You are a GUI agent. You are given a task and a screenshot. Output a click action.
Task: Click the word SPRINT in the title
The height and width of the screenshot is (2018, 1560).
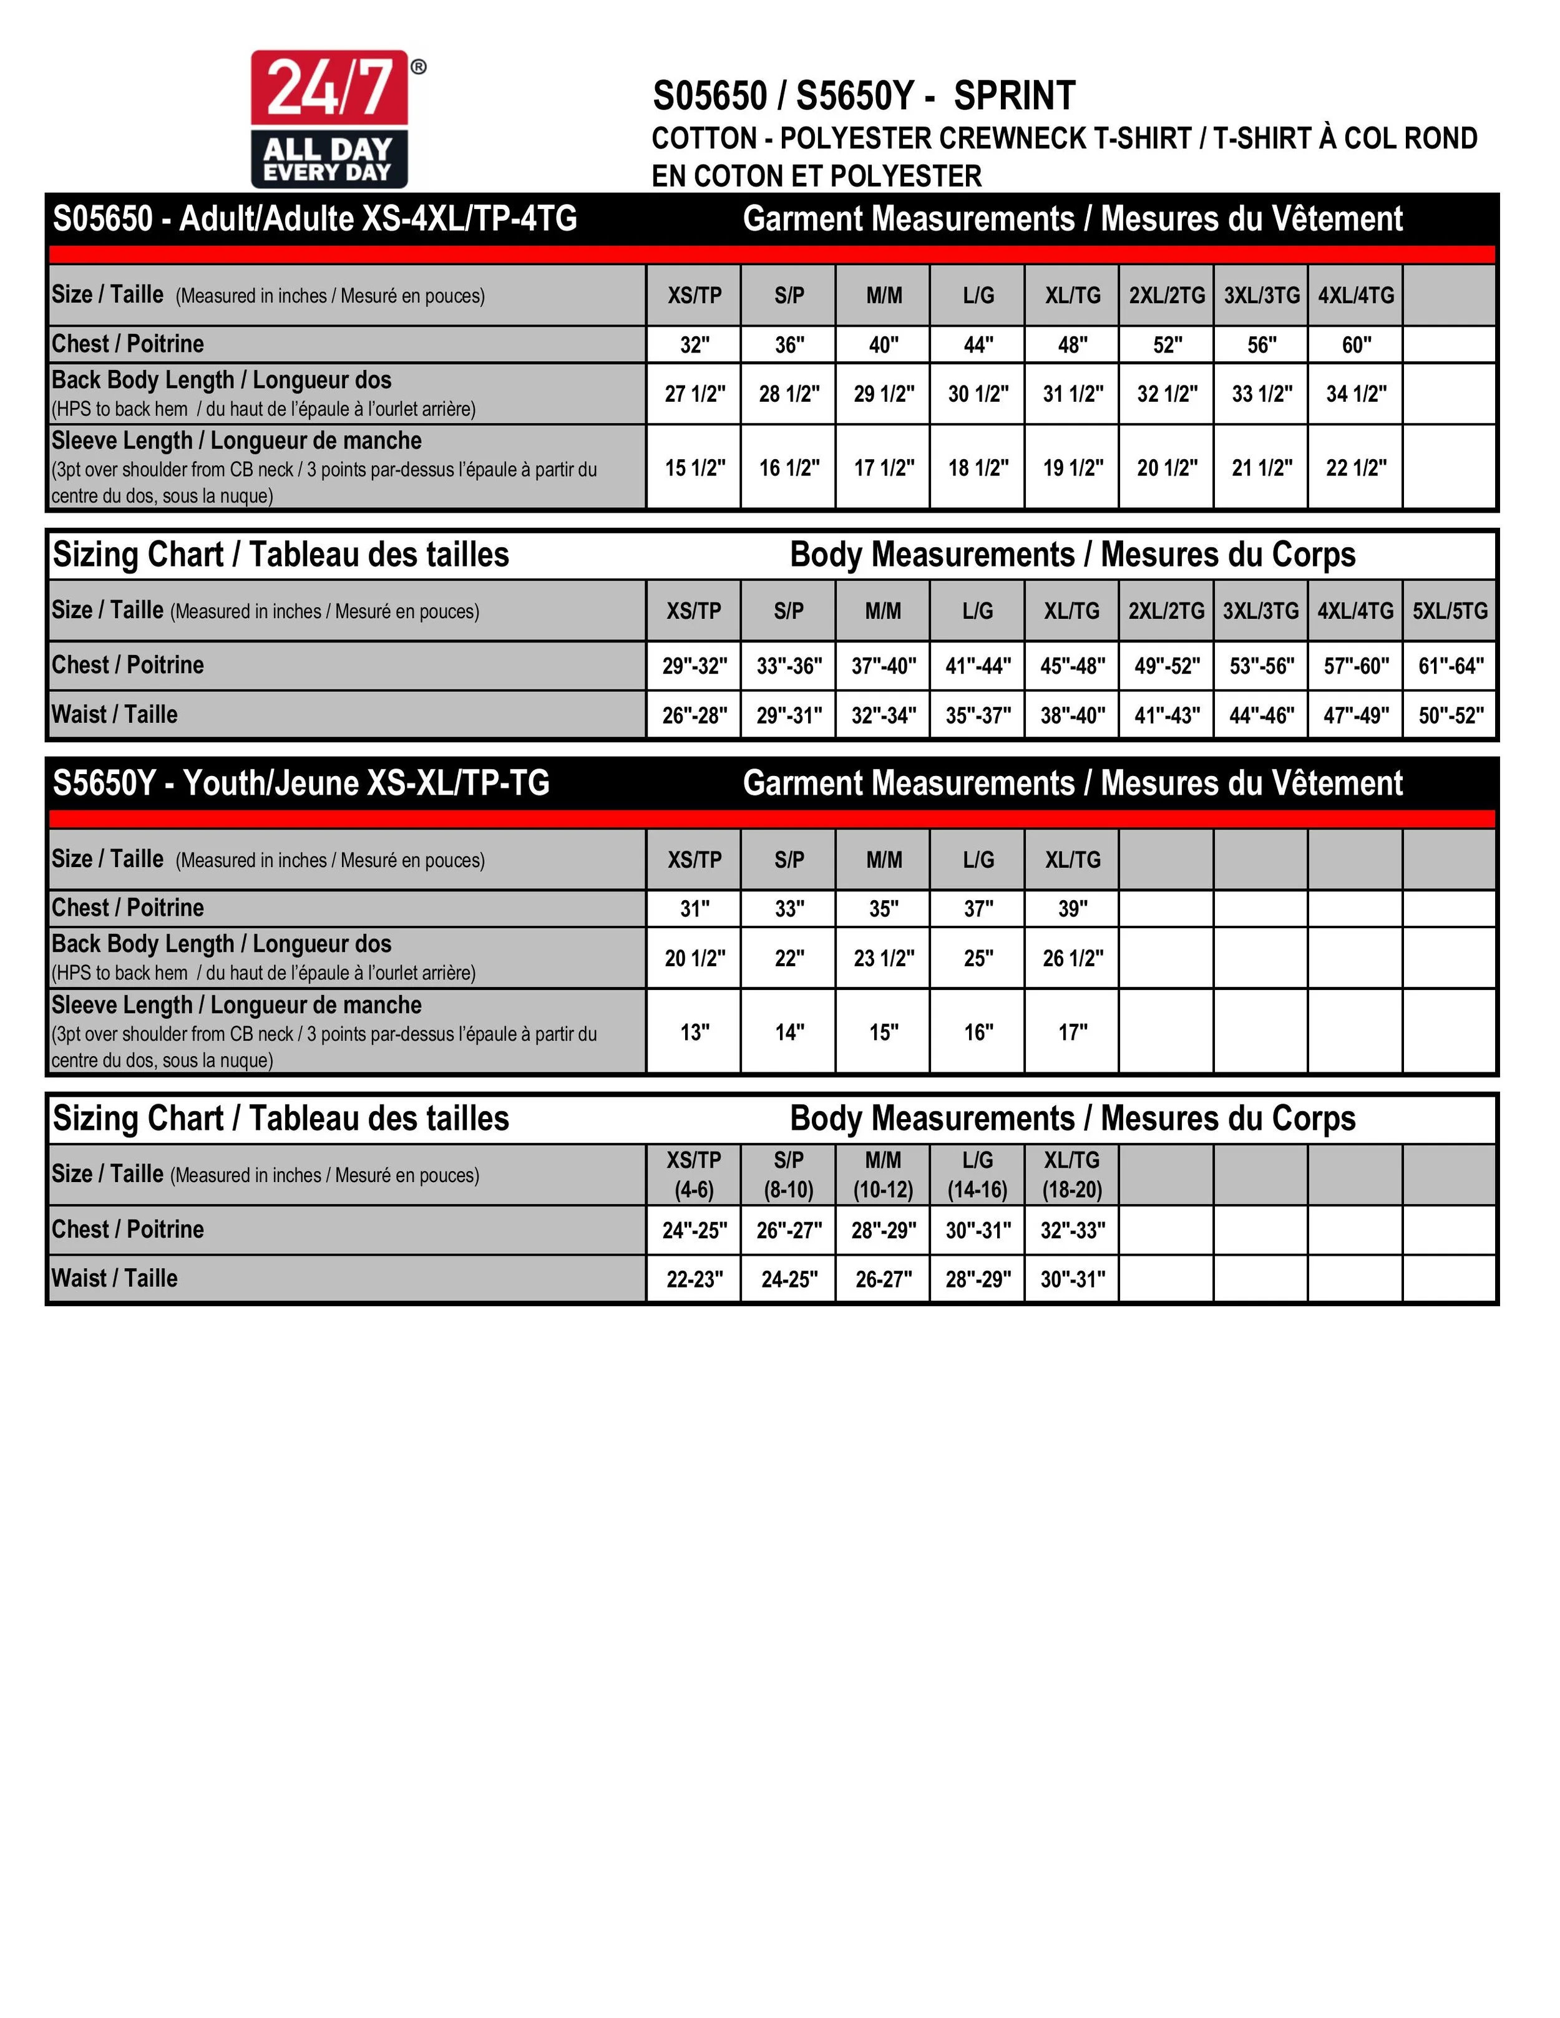1014,96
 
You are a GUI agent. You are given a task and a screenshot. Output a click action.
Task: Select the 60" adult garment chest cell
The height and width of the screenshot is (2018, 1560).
1356,344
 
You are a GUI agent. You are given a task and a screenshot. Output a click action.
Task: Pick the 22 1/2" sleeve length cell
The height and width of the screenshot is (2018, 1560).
1356,468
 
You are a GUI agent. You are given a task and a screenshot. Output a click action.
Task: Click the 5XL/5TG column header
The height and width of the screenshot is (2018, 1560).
1449,611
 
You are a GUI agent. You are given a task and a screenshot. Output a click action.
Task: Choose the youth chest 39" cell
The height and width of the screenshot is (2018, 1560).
1072,908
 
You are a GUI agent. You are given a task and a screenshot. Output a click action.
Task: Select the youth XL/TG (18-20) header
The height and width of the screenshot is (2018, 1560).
1072,1175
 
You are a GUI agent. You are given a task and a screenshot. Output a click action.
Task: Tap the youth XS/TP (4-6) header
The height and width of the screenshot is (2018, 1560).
694,1175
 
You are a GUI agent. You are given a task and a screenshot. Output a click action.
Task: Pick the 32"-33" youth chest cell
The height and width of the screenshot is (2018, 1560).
1072,1230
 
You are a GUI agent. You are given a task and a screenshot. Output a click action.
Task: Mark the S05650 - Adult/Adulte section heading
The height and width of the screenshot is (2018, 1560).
315,219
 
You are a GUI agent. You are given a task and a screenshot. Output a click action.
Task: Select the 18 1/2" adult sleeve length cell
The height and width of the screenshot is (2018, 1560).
978,468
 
